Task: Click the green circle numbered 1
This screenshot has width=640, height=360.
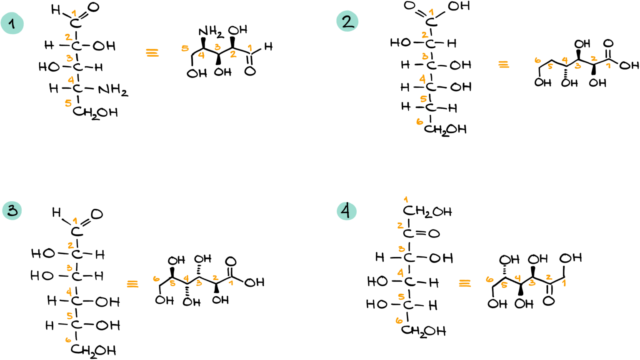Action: [12, 23]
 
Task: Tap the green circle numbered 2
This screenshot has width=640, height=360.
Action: [347, 21]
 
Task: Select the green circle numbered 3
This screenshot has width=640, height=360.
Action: [12, 210]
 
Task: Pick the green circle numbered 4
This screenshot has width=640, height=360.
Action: [347, 211]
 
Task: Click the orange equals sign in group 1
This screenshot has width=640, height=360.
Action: [152, 52]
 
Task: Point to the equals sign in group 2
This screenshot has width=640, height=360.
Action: [503, 64]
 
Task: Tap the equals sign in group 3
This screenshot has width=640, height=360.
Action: [132, 284]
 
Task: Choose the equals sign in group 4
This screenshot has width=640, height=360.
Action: [465, 283]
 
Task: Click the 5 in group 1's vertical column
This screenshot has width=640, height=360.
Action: [68, 103]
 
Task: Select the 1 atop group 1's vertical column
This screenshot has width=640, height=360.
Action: [74, 13]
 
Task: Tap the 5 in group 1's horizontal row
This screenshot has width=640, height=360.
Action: [185, 48]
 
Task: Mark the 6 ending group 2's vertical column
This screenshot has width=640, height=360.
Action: [420, 122]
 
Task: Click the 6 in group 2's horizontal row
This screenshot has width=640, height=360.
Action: [537, 61]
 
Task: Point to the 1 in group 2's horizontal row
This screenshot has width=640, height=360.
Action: [608, 65]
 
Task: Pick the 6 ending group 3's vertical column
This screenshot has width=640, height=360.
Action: [68, 340]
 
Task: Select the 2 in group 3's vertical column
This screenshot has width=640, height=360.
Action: [71, 245]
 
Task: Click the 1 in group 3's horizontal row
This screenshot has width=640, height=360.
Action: [231, 283]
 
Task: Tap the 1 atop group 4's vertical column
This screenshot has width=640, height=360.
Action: [406, 200]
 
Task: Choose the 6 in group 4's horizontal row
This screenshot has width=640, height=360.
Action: [490, 279]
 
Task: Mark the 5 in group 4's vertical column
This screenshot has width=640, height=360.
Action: [401, 297]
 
